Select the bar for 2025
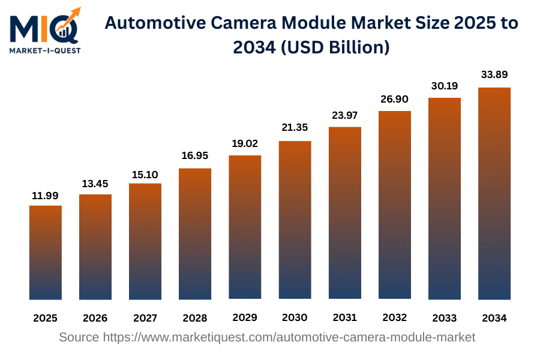point(46,252)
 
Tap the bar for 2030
point(295,220)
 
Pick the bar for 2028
point(195,233)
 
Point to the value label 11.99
point(46,196)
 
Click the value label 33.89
point(494,75)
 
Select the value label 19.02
point(245,144)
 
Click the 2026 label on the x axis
point(95,318)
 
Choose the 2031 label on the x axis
point(344,318)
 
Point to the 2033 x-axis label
point(444,318)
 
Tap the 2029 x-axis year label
point(245,318)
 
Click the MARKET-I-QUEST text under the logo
point(45,50)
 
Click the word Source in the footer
point(79,337)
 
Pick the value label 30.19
point(444,86)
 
